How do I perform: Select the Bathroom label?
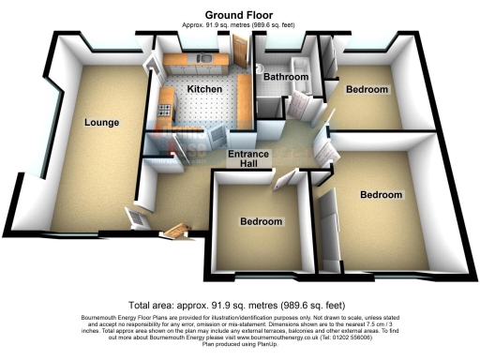[x=285, y=76]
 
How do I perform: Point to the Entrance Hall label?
[x=249, y=160]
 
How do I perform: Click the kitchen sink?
[x=200, y=58]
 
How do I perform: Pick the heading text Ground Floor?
[x=239, y=14]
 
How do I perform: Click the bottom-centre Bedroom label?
[x=261, y=222]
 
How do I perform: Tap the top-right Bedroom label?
[x=366, y=90]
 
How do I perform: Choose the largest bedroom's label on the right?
[x=382, y=195]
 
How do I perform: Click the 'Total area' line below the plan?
[x=239, y=305]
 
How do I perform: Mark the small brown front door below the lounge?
[x=176, y=230]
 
